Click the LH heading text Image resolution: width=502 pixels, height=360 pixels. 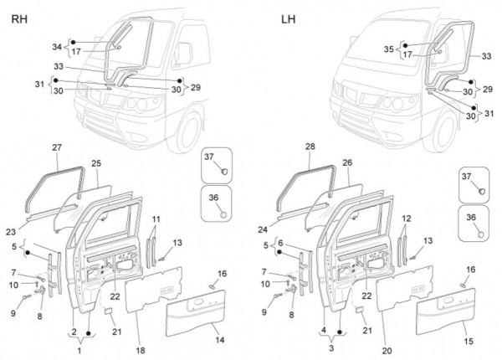[288, 17]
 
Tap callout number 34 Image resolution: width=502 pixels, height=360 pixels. [57, 47]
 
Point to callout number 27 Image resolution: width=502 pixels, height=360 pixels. [57, 148]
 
